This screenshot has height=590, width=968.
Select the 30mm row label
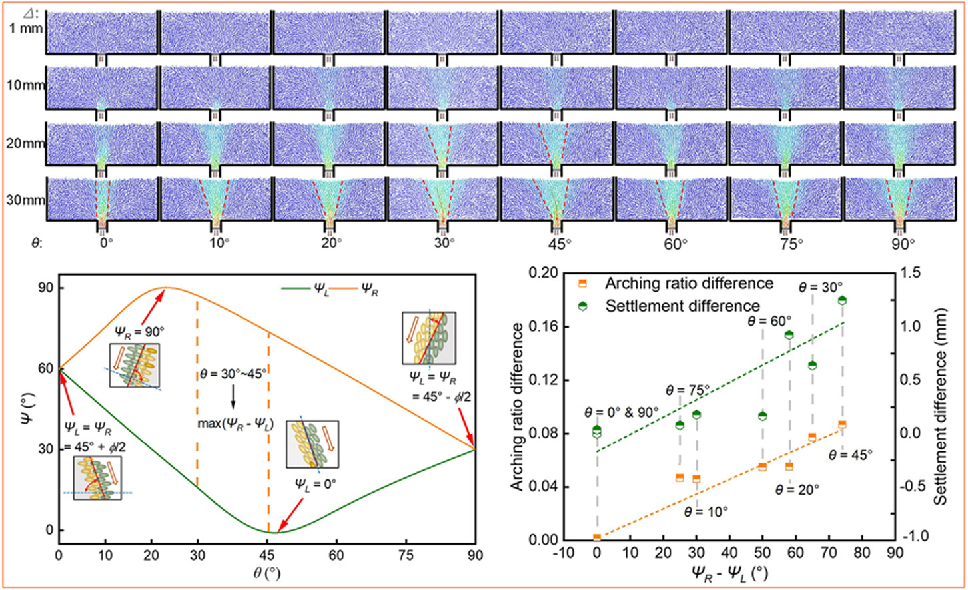[x=25, y=199]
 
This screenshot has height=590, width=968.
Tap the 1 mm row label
[x=25, y=28]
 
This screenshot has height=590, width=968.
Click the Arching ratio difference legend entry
[x=689, y=284]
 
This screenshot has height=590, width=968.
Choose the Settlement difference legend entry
[x=682, y=306]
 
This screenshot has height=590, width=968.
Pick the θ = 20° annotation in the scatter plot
[x=797, y=489]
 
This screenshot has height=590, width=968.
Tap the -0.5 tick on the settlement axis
[x=917, y=486]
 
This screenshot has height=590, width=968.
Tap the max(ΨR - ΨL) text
[x=235, y=424]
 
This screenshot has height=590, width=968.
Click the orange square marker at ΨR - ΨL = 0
[x=597, y=537]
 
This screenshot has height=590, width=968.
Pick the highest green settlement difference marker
[x=842, y=301]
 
